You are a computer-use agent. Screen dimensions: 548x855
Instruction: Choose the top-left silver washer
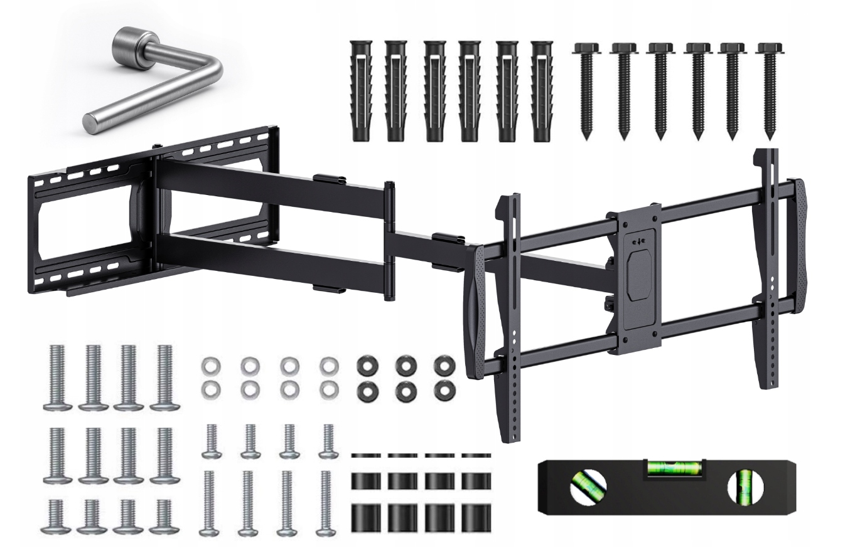210,364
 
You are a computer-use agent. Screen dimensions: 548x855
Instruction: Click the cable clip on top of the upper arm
330,179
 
